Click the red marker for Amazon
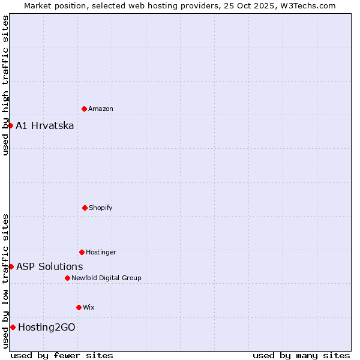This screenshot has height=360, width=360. [x=84, y=109]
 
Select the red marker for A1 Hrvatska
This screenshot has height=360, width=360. [x=11, y=125]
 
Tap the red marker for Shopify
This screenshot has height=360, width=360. [x=85, y=208]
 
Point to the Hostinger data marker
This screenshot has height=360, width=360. [x=82, y=252]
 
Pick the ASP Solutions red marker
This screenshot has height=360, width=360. [x=11, y=266]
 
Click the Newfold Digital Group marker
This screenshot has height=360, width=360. [x=67, y=278]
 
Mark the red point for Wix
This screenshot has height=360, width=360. [x=79, y=307]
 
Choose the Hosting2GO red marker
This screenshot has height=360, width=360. [x=13, y=327]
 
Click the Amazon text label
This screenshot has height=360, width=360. [x=101, y=109]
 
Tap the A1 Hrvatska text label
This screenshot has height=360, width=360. [x=45, y=125]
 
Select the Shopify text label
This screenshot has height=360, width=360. [x=101, y=208]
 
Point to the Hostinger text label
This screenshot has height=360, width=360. [x=101, y=252]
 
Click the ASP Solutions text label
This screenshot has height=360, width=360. [x=50, y=266]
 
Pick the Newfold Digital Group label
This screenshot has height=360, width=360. [x=106, y=278]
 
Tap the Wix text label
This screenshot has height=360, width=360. [x=89, y=307]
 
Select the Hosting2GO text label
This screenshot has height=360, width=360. [x=47, y=327]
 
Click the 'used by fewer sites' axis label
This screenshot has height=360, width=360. [x=62, y=355]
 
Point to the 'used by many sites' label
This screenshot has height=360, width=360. [x=301, y=355]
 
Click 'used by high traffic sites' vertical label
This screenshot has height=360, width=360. [x=5, y=85]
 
